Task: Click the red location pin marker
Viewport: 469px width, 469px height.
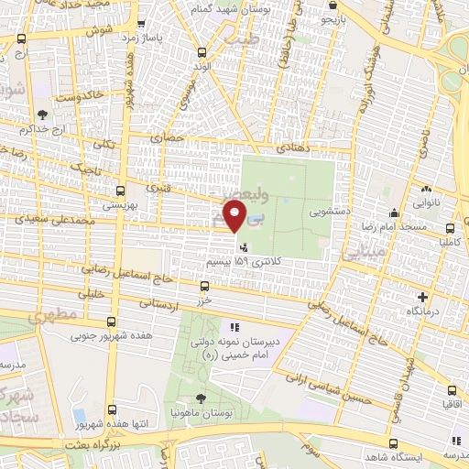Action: (236, 216)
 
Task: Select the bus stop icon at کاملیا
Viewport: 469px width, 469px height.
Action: (449, 229)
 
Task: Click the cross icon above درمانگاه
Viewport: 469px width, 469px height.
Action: (422, 297)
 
